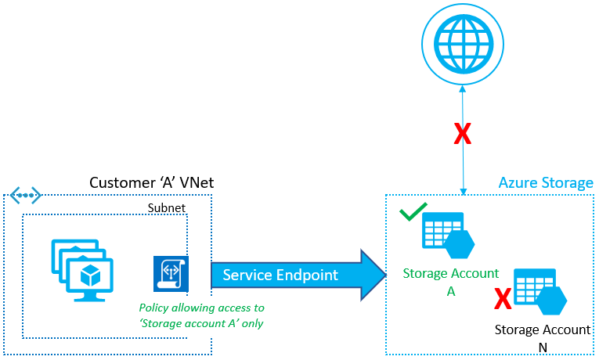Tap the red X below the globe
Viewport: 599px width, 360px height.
click(x=463, y=134)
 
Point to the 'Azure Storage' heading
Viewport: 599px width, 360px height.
click(x=546, y=183)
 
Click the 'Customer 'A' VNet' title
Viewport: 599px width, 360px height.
click(x=151, y=183)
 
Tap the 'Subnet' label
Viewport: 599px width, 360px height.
click(x=167, y=208)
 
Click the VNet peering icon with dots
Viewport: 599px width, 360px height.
click(x=25, y=193)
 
